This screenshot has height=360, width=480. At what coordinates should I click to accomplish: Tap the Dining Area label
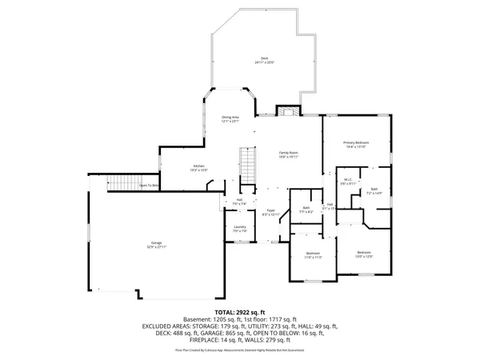(x=230, y=118)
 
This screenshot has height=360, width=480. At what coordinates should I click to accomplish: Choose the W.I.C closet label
(x=347, y=181)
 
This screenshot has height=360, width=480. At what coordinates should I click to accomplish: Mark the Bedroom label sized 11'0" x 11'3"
(x=312, y=254)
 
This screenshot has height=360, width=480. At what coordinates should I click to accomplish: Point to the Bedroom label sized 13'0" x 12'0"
(x=365, y=253)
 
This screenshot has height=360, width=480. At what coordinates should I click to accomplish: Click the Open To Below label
(x=150, y=185)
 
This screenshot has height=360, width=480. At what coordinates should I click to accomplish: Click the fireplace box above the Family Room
(x=286, y=110)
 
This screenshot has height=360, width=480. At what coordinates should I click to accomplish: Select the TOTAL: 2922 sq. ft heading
(x=239, y=311)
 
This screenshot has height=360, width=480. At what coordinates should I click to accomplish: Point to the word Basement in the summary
(x=198, y=319)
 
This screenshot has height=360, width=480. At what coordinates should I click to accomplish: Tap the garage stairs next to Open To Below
(x=122, y=183)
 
